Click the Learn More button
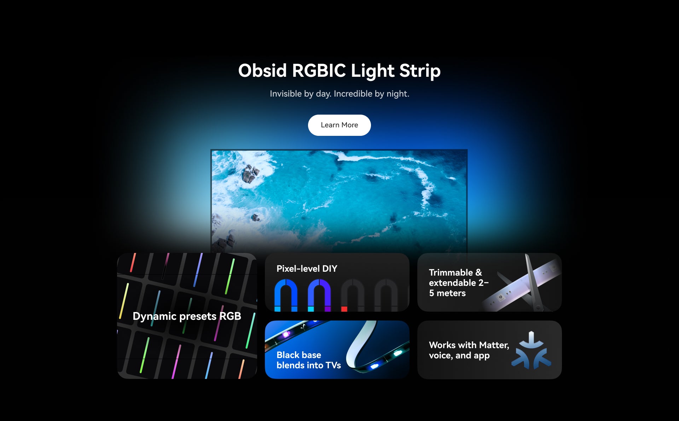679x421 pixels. click(x=339, y=125)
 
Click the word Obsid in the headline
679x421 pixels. click(x=262, y=70)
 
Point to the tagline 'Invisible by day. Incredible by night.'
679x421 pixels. click(x=339, y=94)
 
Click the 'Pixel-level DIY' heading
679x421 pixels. click(x=307, y=269)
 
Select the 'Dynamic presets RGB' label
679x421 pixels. click(x=187, y=316)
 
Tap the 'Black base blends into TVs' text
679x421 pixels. click(x=308, y=360)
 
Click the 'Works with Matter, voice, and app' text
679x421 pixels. click(x=469, y=350)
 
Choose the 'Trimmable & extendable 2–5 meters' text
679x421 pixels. click(x=458, y=283)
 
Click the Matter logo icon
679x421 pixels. click(x=531, y=350)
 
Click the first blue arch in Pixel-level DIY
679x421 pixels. click(x=286, y=295)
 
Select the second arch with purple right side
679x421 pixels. click(x=319, y=295)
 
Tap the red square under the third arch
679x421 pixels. click(x=344, y=309)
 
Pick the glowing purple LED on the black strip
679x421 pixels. click(x=286, y=334)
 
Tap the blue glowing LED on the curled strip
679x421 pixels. click(x=374, y=366)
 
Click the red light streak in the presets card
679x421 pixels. click(x=133, y=263)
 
